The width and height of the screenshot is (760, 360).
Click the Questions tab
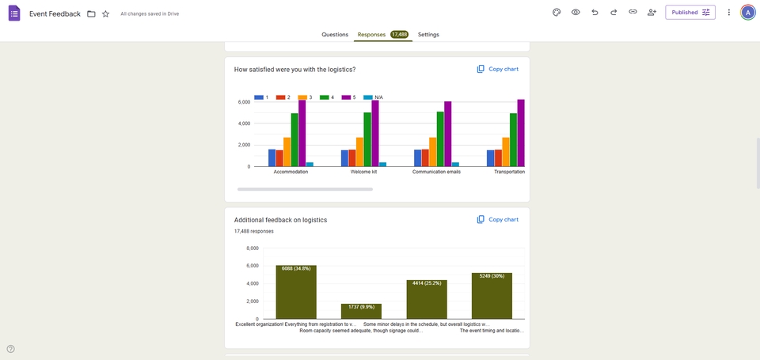click(335, 35)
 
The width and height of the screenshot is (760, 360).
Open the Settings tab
click(428, 35)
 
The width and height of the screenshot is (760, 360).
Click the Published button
click(690, 13)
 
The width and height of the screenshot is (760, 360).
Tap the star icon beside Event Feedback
click(105, 13)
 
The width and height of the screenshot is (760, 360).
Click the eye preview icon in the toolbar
click(576, 13)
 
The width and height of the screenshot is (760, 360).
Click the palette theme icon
click(557, 13)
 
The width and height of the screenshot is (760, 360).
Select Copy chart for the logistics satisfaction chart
click(498, 70)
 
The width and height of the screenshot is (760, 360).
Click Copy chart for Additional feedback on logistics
click(498, 220)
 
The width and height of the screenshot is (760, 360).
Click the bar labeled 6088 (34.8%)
click(296, 292)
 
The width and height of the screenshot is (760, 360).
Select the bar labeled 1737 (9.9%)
click(361, 311)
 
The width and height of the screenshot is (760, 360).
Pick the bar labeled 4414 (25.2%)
click(427, 299)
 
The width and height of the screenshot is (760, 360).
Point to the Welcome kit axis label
click(363, 172)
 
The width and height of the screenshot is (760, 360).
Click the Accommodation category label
click(291, 172)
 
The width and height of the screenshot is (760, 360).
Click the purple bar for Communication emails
click(448, 135)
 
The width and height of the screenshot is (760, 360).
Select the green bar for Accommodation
click(294, 140)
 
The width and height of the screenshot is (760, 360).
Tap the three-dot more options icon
click(729, 13)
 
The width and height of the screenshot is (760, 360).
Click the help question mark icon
click(10, 349)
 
